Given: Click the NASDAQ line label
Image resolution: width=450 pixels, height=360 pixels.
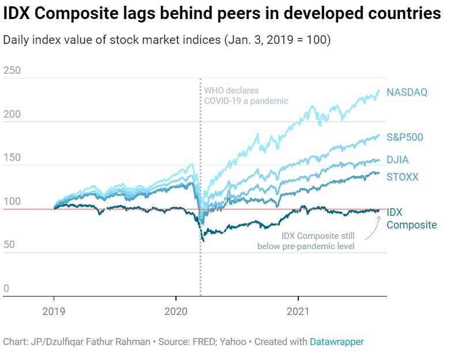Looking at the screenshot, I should click(x=407, y=92).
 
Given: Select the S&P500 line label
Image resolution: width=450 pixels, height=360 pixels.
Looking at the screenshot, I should click(x=405, y=137).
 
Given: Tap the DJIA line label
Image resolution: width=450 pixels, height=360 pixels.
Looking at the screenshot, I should click(x=397, y=160).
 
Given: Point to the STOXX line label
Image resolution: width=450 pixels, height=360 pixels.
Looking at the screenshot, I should click(x=403, y=177).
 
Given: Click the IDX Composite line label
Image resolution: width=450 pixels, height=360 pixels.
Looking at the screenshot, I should click(x=411, y=219).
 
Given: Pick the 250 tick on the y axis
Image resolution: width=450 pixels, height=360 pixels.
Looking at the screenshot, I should click(x=12, y=70).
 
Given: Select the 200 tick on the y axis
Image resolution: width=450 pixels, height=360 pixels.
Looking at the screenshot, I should click(x=12, y=114).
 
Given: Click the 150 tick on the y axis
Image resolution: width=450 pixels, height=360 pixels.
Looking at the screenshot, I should click(x=12, y=157).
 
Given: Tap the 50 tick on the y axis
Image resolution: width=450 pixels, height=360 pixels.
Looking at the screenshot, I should click(x=9, y=245).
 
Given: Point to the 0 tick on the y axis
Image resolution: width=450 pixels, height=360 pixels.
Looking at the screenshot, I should click(x=6, y=288).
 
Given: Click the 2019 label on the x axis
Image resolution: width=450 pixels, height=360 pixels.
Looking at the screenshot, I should click(x=54, y=312).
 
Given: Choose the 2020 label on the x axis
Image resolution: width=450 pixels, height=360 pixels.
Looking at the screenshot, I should click(x=176, y=312).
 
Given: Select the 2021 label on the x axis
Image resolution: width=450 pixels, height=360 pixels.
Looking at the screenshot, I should click(x=298, y=312).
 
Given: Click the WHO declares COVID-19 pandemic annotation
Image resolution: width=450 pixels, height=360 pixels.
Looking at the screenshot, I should click(x=245, y=96).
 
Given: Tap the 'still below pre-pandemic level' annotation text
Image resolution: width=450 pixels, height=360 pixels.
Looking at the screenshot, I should click(x=306, y=241).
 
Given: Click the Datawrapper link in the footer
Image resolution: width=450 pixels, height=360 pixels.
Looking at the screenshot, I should click(x=336, y=342).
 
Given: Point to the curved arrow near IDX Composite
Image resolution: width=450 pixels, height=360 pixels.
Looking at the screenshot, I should click(x=372, y=228).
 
